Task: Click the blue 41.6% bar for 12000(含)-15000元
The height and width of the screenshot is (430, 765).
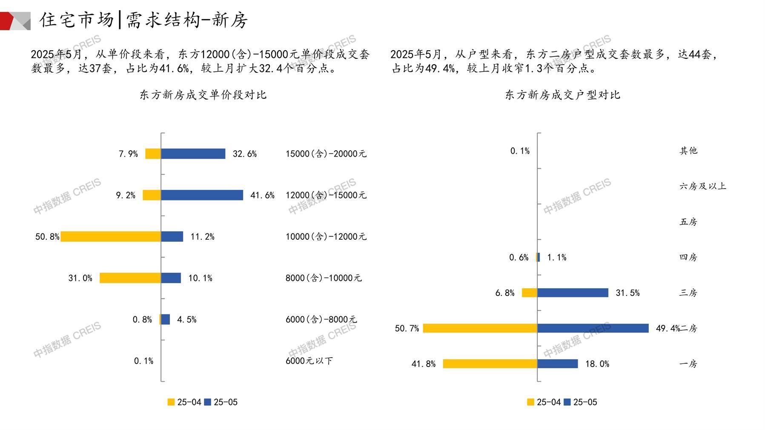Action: pos(202,195)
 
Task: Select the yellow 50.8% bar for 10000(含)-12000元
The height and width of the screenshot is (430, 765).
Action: pos(111,236)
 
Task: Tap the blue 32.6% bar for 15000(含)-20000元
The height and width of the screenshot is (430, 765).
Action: pos(193,154)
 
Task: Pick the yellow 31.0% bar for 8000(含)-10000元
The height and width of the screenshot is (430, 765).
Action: pos(130,278)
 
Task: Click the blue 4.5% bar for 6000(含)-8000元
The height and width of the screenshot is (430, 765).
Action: pos(166,319)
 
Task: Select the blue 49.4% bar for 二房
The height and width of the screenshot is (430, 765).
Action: pos(593,328)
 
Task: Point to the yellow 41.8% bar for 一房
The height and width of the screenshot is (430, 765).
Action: pos(490,364)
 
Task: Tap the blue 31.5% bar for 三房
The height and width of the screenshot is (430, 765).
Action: pos(573,292)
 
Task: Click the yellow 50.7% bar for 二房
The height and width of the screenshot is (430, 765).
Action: pos(480,328)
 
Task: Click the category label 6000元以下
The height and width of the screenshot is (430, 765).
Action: pos(309,361)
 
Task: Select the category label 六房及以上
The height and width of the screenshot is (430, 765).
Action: pos(702,186)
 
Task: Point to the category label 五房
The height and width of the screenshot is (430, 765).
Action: pos(688,222)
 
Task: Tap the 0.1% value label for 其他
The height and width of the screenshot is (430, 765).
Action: pos(520,151)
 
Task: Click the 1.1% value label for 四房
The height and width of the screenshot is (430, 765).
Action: pos(556,257)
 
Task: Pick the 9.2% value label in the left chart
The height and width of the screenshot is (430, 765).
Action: pos(126,195)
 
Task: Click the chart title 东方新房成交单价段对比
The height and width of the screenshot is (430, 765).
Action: pos(203,95)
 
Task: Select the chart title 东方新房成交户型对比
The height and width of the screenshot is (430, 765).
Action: pos(562,95)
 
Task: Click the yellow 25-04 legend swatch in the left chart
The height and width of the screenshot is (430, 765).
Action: pos(171,402)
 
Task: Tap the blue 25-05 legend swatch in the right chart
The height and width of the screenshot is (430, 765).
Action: pos(567,402)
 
